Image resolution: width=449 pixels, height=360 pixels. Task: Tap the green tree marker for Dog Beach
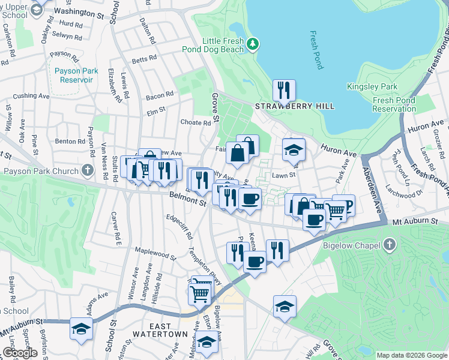[254, 43]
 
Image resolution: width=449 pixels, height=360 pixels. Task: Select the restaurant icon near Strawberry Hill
[283, 91]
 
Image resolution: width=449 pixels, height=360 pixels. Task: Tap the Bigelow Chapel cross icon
[390, 244]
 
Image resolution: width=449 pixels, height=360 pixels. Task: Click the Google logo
[20, 353]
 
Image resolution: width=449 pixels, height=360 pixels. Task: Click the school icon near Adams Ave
[81, 329]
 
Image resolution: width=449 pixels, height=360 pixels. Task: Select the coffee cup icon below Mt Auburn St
[255, 262]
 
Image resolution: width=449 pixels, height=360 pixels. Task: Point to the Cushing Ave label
[31, 95]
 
